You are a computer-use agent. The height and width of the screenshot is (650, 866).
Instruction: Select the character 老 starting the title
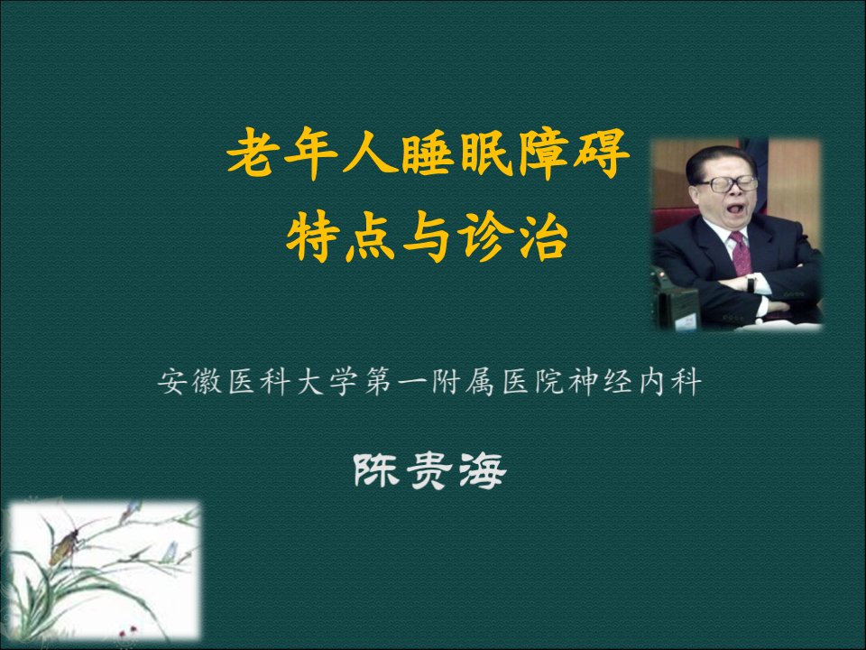pos(253,153)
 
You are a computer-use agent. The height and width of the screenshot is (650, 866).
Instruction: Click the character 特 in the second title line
pos(313,238)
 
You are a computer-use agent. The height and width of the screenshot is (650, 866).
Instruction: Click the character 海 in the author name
pos(482,471)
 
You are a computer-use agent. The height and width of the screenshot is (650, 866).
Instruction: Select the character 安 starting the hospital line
pos(172,381)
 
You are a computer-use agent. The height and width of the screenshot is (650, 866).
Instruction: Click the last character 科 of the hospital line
pos(686,381)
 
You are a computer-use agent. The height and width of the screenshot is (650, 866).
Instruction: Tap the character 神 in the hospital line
pos(584,381)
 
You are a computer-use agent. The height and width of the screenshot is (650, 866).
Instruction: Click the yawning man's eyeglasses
pos(728,183)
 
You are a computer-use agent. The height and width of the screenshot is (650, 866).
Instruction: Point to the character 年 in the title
pos(311,153)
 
